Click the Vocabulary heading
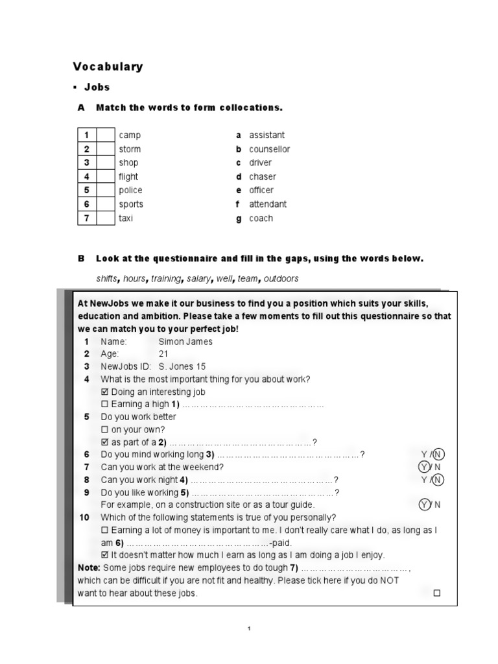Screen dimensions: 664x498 pyautogui.click(x=108, y=67)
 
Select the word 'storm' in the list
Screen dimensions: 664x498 pyautogui.click(x=129, y=149)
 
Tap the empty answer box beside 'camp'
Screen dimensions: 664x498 pyautogui.click(x=105, y=136)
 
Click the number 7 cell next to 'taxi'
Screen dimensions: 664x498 pyautogui.click(x=86, y=219)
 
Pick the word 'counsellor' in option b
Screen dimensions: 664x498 pyautogui.click(x=270, y=149)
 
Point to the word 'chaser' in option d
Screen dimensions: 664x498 pyautogui.click(x=263, y=176)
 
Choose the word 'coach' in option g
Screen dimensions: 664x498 pyautogui.click(x=261, y=219)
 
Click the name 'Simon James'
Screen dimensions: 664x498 pyautogui.click(x=185, y=342)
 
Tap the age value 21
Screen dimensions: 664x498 pyautogui.click(x=163, y=354)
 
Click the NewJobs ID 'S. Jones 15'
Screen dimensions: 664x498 pyautogui.click(x=182, y=366)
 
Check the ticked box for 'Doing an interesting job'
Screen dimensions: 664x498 pyautogui.click(x=106, y=392)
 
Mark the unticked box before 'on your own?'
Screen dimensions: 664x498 pyautogui.click(x=106, y=430)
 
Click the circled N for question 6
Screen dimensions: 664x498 pyautogui.click(x=439, y=455)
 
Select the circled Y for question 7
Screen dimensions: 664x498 pyautogui.click(x=425, y=467)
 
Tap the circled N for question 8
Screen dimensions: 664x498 pyautogui.click(x=439, y=480)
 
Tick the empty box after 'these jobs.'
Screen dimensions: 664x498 pyautogui.click(x=436, y=593)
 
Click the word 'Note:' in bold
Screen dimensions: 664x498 pyautogui.click(x=88, y=567)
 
